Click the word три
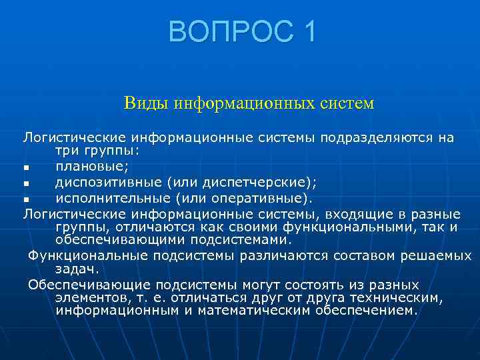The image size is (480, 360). tap(67, 150)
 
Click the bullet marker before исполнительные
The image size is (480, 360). tap(26, 199)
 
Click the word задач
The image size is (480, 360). tap(77, 269)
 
